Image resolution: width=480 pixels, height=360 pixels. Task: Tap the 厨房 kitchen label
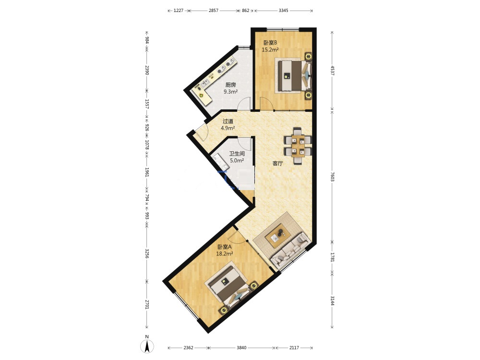(x=230, y=85)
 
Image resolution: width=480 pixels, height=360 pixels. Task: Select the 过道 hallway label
(x=228, y=121)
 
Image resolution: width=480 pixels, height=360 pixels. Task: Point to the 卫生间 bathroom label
(x=237, y=154)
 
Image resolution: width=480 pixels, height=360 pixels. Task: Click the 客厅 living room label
(x=277, y=164)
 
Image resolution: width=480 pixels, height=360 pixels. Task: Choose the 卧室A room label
(x=225, y=247)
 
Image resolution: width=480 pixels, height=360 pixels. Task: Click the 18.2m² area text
(x=225, y=253)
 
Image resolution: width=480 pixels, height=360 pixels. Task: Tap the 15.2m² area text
(x=270, y=49)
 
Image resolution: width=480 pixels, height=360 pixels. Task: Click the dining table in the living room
(x=298, y=146)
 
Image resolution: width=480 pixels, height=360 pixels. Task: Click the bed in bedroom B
(x=293, y=75)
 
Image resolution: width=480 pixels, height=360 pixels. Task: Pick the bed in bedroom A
(x=229, y=288)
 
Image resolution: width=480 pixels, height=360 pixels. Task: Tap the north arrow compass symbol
(x=147, y=346)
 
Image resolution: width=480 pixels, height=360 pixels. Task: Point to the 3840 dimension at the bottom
(x=241, y=348)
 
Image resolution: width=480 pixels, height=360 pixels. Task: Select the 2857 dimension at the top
(x=214, y=11)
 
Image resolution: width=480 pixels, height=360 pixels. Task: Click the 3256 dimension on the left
(x=147, y=253)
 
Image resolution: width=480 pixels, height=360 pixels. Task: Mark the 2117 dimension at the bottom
(x=294, y=348)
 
